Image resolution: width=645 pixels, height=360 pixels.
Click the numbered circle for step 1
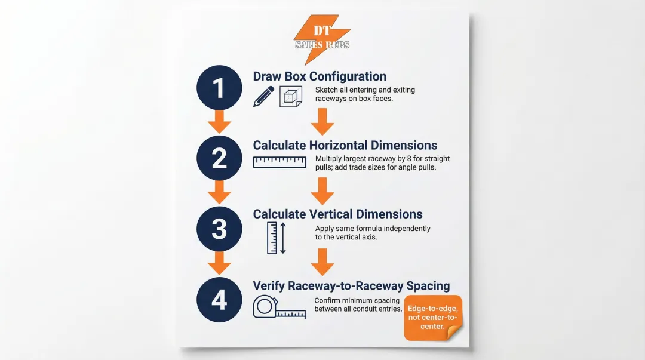(x=219, y=88)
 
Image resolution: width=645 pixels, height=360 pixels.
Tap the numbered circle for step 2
(x=219, y=158)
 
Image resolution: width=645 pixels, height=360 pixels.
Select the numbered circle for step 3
(x=219, y=228)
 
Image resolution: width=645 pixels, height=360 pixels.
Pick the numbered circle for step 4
(x=219, y=299)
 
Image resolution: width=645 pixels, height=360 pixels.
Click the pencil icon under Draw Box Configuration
(x=263, y=96)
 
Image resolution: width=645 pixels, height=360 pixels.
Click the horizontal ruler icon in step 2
(x=279, y=162)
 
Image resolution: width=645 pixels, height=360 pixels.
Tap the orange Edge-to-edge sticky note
(x=434, y=318)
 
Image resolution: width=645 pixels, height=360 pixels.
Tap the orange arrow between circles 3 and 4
(x=219, y=263)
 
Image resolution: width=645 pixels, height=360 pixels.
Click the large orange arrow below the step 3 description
(x=322, y=261)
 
